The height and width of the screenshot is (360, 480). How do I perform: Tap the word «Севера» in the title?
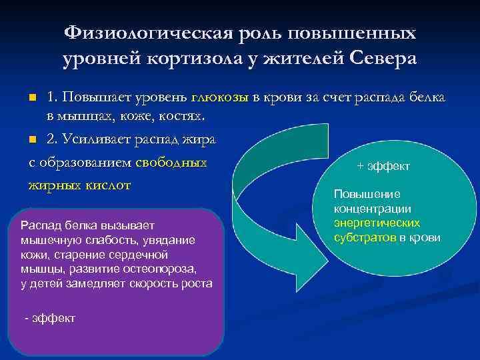[x=382, y=58]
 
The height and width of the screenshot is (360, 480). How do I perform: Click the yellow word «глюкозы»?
[x=219, y=97]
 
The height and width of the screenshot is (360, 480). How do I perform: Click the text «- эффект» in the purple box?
[x=49, y=318]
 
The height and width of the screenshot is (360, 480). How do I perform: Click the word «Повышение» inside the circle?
[x=358, y=194]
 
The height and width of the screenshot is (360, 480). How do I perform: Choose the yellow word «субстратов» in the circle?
[x=365, y=237]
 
